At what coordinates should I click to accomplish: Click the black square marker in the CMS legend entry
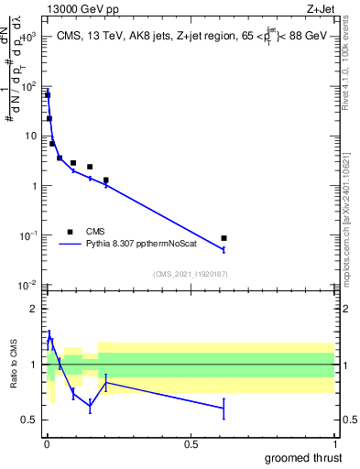pyautogui.click(x=70, y=232)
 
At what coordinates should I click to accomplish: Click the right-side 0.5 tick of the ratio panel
pyautogui.click(x=349, y=420)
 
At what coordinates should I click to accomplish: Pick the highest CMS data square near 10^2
pyautogui.click(x=48, y=95)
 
